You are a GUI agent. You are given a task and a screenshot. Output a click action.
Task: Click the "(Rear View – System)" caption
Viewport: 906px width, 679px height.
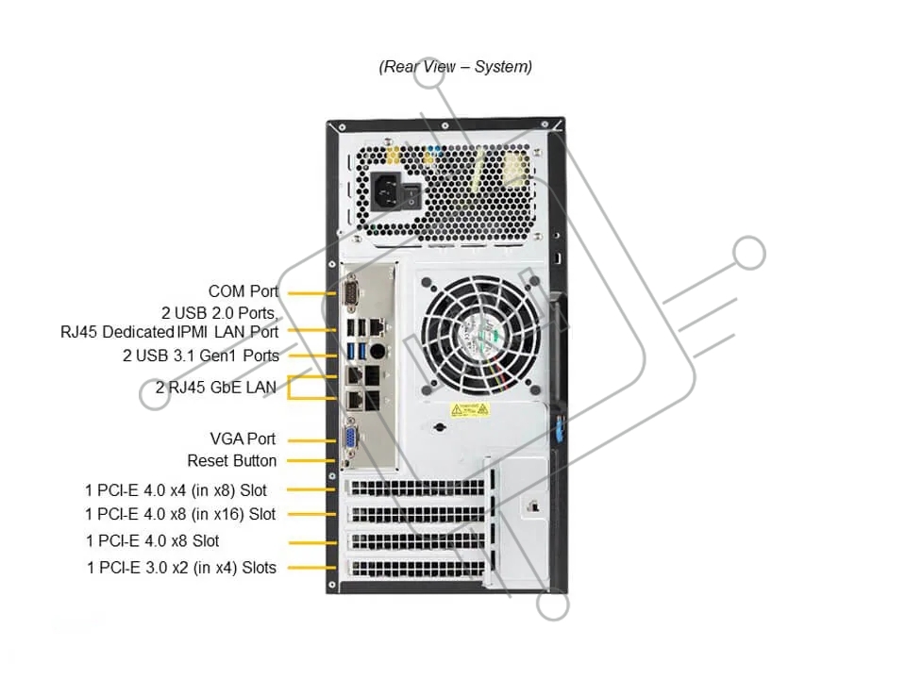click(455, 67)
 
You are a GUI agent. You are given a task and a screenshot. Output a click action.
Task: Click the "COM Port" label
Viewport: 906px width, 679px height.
click(243, 291)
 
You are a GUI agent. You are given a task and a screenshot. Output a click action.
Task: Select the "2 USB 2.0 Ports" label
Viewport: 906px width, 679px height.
click(218, 312)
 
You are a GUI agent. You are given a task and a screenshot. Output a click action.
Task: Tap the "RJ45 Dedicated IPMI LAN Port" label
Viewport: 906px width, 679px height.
click(169, 331)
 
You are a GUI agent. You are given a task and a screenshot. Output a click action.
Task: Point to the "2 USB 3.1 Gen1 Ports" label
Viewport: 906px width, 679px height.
click(201, 356)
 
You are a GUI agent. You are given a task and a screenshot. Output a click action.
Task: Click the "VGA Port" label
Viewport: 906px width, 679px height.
click(243, 439)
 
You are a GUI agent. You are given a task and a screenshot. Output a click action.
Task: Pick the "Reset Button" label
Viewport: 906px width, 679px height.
click(232, 460)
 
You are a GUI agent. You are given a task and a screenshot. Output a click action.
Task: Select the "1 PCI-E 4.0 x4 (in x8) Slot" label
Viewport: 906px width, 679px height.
click(176, 489)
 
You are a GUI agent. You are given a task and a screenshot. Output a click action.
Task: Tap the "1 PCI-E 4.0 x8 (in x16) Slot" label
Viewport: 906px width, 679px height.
click(180, 514)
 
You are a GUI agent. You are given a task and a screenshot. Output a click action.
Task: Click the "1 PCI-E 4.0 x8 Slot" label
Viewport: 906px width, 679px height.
click(153, 540)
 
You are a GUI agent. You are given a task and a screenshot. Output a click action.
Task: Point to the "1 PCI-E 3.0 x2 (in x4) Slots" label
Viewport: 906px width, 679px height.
click(181, 568)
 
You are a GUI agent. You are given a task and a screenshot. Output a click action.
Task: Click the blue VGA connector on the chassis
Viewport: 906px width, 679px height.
click(348, 439)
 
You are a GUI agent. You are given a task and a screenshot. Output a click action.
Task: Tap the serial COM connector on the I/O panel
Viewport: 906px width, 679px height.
click(349, 293)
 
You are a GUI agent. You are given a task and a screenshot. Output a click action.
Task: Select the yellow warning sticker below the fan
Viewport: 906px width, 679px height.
click(469, 409)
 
